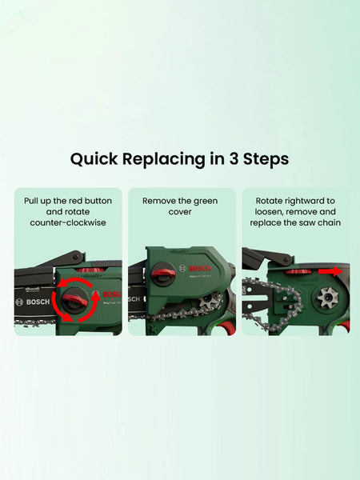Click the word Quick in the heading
94,159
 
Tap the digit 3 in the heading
234,158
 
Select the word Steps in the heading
266,159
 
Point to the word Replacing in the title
164,159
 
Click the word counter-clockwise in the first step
68,222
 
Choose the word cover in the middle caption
180,212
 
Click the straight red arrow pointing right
330,271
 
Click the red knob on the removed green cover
163,273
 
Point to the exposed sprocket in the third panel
327,298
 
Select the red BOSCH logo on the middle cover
200,269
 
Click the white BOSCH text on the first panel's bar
38,302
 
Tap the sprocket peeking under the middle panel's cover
207,302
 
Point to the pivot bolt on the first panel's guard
77,255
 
